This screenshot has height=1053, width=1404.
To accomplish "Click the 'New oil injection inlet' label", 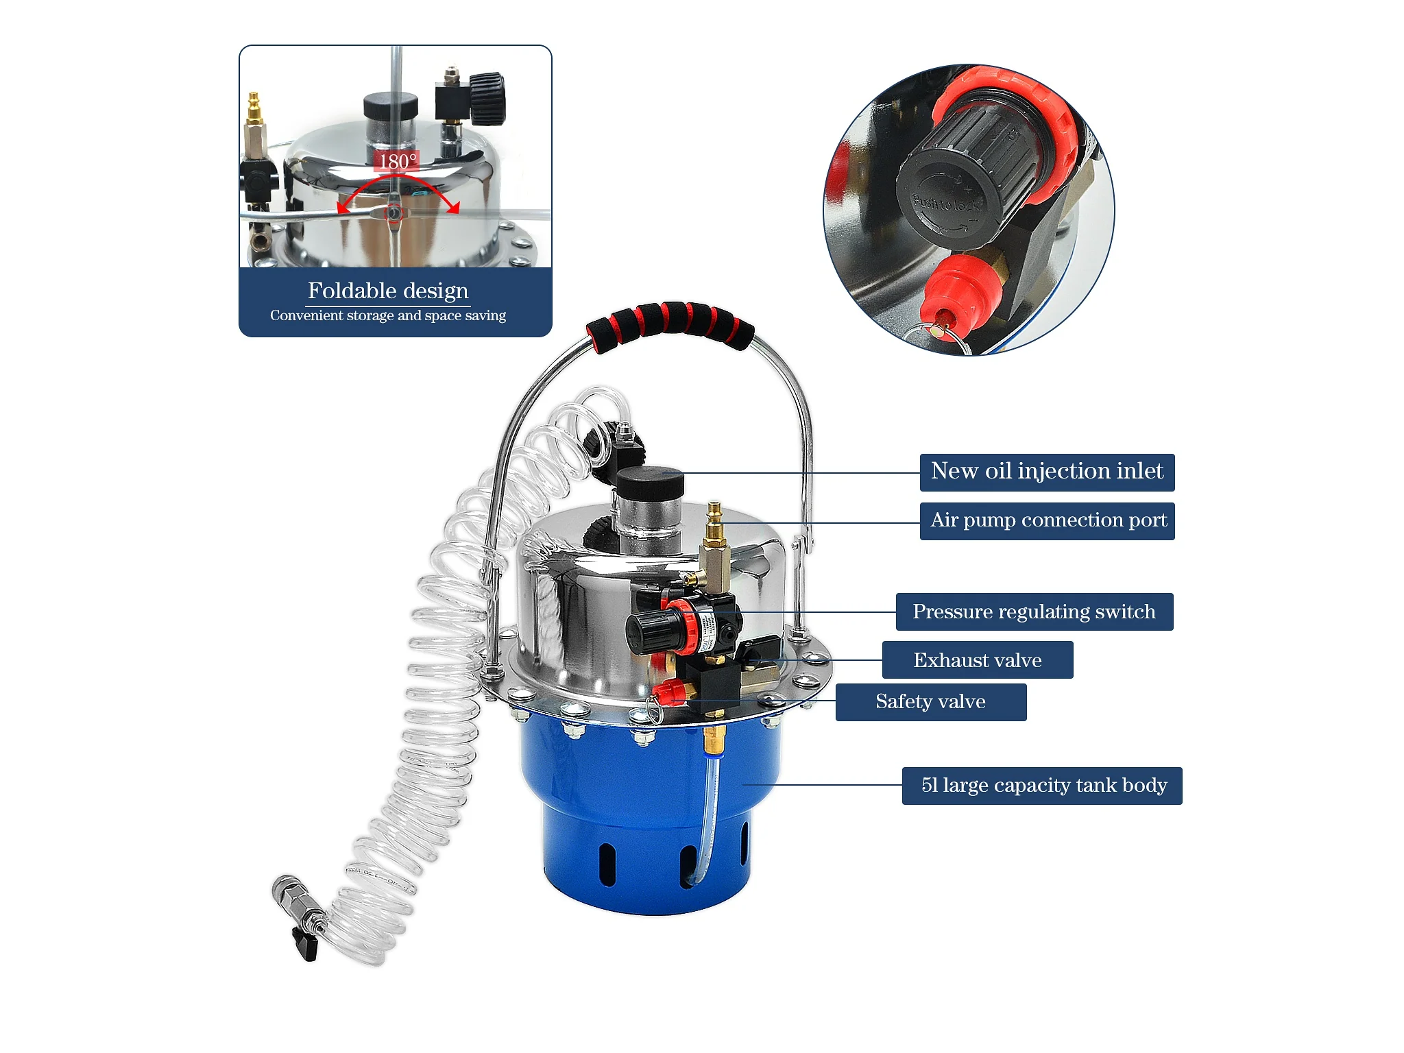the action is coord(1047,472).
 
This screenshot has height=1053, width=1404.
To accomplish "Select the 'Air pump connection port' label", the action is coord(1047,521).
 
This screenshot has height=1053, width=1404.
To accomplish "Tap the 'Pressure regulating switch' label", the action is coord(1034,612).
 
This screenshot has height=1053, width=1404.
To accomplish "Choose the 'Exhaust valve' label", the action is coord(978,660).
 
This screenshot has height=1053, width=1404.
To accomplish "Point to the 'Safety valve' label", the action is coord(931,702).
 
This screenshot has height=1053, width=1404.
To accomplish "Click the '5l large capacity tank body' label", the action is coord(1042,786).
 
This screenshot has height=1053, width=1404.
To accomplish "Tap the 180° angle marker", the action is coord(398,161).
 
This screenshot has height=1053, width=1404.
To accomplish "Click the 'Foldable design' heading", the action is coord(388,291).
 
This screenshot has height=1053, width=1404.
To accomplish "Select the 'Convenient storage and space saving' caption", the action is coord(388,315).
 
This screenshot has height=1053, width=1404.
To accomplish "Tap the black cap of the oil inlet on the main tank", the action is coord(650,483).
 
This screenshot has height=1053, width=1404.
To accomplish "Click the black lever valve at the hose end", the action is coord(305,945).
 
